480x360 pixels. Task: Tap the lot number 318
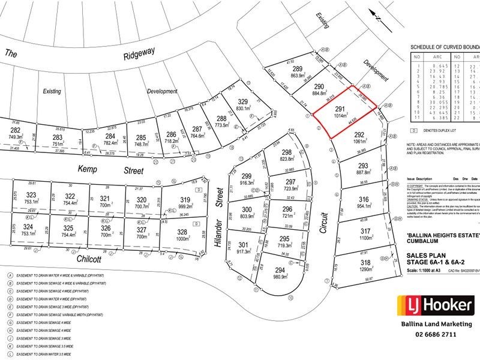[x=363, y=263]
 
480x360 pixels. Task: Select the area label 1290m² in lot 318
[x=363, y=271]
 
